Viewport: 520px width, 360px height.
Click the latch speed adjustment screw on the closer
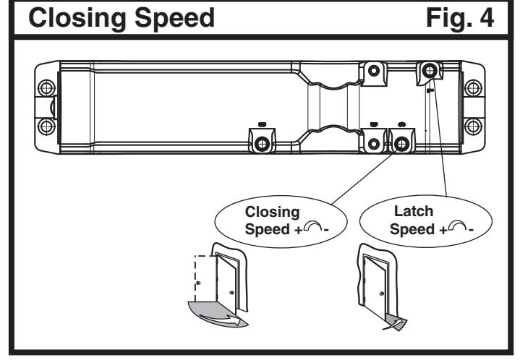[x=428, y=70]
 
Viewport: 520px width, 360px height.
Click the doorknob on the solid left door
[x=231, y=292]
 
